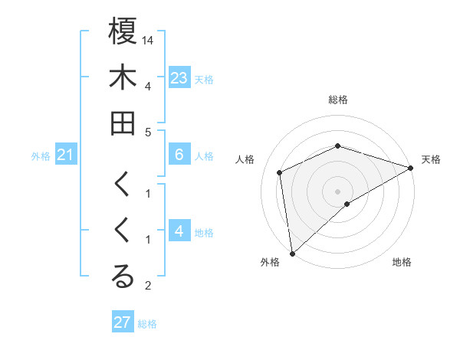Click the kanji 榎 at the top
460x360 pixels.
coord(123,33)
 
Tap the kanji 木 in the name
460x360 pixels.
coord(123,78)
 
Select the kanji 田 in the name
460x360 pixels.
coord(123,123)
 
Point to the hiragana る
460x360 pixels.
coord(123,277)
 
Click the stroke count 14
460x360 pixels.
coord(149,39)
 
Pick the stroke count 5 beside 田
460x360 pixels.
coord(148,132)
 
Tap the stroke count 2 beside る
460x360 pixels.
coord(148,286)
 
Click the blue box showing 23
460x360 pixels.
coord(179,78)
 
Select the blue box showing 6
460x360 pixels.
coord(179,155)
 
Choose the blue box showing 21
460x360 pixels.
coord(66,155)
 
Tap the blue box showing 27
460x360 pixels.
coord(123,322)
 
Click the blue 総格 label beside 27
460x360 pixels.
coord(147,323)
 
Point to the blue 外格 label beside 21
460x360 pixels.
coord(41,156)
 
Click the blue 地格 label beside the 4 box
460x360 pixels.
coord(204,233)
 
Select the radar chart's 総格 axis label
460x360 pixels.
coord(338,100)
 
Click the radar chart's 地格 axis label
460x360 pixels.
coord(402,263)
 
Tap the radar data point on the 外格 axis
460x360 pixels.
coord(292,254)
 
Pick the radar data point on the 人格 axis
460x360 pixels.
coord(280,172)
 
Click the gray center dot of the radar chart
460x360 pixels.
coord(338,191)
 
